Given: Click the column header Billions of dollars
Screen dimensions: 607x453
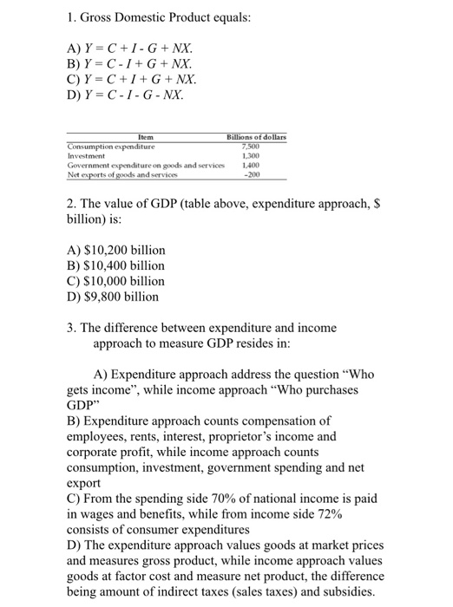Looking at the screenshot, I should coord(256,137).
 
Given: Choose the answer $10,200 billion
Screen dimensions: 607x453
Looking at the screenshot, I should coord(115,250).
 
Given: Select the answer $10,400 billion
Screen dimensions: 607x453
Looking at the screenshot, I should coord(115,265).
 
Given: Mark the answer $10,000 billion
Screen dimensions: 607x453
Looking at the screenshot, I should coord(115,281).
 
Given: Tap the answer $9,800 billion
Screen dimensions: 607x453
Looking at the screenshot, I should coord(112,297).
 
